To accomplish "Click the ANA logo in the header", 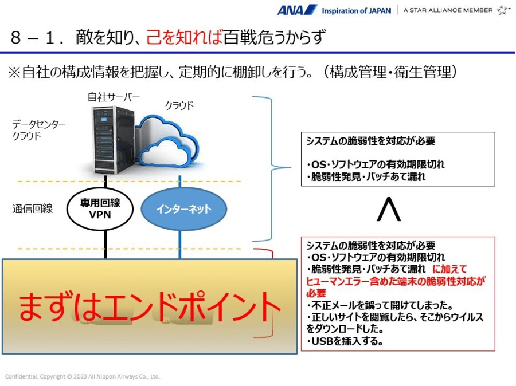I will pyautogui.click(x=297, y=10).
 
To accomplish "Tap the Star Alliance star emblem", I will pyautogui.click(x=503, y=10).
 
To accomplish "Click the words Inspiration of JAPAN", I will pyautogui.click(x=356, y=10).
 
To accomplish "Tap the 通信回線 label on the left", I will pyautogui.click(x=33, y=209).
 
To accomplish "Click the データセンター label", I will pyautogui.click(x=39, y=124).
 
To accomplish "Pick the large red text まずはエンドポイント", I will pyautogui.click(x=150, y=306).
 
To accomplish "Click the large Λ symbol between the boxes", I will pyautogui.click(x=388, y=210).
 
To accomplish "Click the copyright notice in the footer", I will pyautogui.click(x=83, y=376).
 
